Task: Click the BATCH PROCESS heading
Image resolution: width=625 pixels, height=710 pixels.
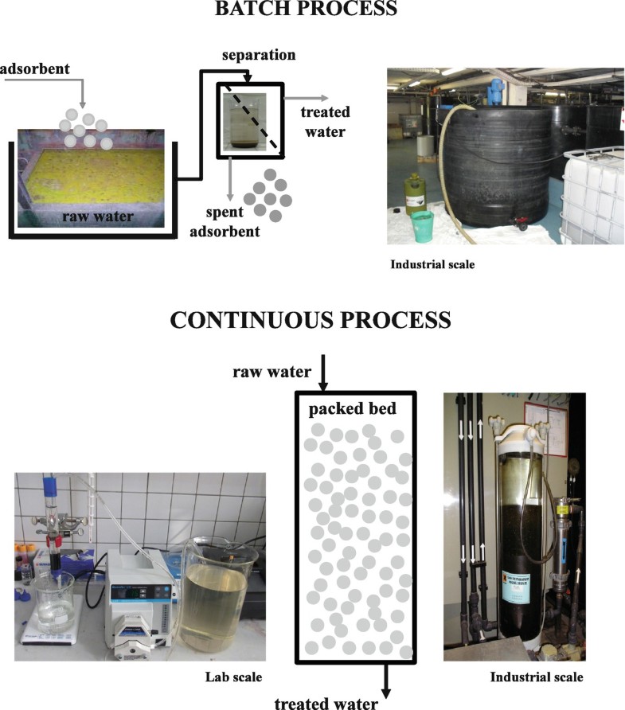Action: [x=312, y=10]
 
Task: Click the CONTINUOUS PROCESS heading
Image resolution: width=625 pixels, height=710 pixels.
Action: [x=312, y=320]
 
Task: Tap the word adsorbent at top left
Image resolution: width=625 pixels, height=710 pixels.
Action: [x=35, y=69]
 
